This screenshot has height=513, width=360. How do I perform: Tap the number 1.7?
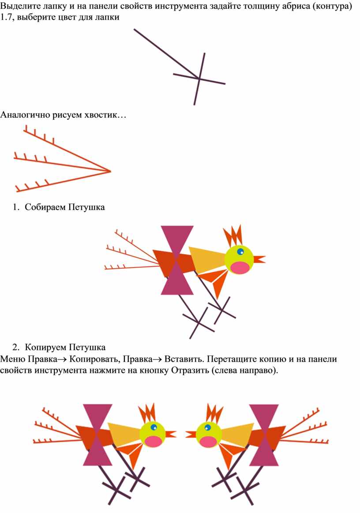point(7,17)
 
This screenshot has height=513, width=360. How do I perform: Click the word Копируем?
point(46,347)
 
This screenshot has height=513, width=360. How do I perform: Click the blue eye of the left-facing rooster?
point(207,427)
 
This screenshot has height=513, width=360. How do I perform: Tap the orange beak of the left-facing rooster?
point(191,434)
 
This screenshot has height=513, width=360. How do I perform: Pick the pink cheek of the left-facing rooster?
point(208,441)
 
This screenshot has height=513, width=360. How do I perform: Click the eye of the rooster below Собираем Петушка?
point(240,252)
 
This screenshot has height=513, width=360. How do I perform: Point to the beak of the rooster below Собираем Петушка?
point(259,259)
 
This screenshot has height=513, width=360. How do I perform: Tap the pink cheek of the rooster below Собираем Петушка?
point(240,268)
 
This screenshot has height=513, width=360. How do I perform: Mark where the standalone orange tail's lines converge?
point(111,171)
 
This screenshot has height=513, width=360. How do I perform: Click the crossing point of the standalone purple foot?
point(199,79)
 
